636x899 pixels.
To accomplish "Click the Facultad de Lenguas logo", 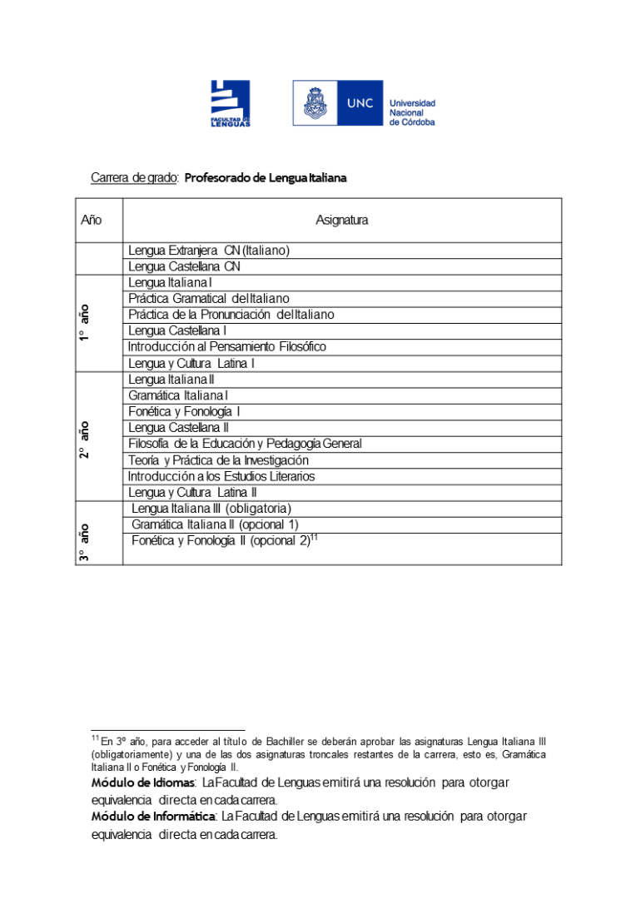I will point(230,103).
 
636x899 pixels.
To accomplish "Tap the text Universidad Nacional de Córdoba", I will point(412,112).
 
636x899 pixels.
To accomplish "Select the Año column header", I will point(92,221).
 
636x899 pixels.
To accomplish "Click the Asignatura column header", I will point(341,221).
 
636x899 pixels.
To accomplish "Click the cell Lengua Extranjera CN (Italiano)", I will point(208,251).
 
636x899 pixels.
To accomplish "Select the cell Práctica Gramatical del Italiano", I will point(208,299).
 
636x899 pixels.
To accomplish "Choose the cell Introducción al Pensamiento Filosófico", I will point(226,347).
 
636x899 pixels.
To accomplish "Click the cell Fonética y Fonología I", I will point(184,412).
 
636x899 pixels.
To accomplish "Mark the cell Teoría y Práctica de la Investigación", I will point(218,460).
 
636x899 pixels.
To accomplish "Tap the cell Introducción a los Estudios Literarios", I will point(221,477).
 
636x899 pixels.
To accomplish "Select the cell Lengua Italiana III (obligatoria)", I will point(211,509).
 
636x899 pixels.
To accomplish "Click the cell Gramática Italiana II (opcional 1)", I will point(215,524).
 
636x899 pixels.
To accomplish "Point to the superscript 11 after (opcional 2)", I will point(315,538).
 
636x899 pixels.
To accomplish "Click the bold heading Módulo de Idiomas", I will point(142,783).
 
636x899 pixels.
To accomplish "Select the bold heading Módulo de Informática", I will point(153,817).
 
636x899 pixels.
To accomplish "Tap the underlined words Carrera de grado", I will point(133,178).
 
